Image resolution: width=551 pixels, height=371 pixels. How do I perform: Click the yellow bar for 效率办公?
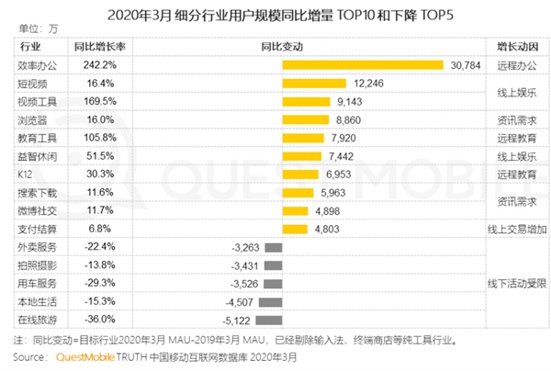click(x=365, y=65)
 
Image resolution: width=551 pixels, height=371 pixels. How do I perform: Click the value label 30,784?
click(x=467, y=65)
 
